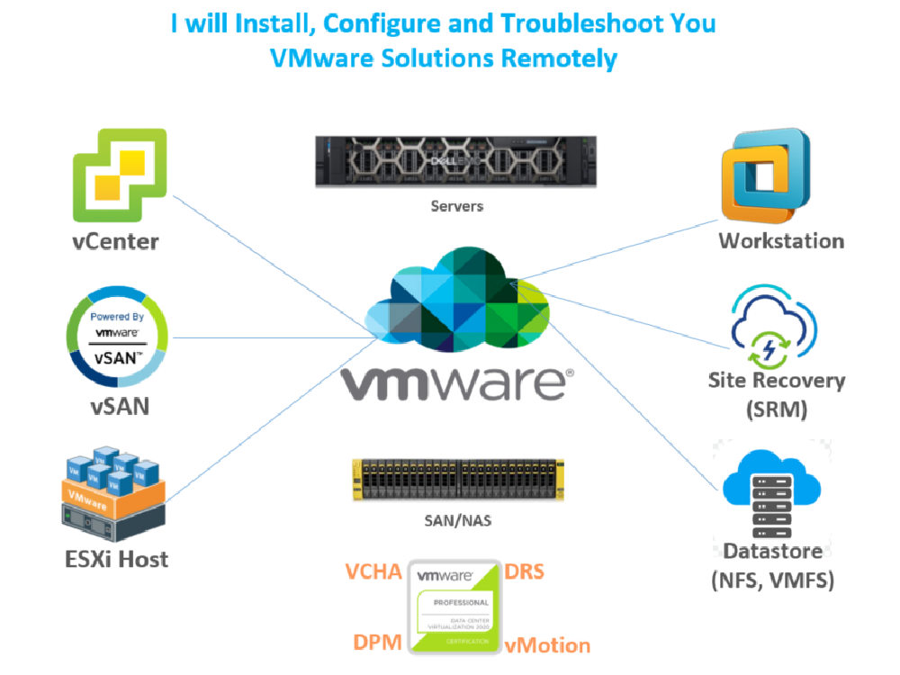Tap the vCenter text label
[x=115, y=241]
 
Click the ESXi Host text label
[x=115, y=558]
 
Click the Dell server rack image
[x=455, y=161]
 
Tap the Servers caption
[x=455, y=206]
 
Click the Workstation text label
[x=781, y=240]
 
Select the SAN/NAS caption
[x=458, y=520]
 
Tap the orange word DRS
[x=524, y=572]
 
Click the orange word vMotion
[x=547, y=644]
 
